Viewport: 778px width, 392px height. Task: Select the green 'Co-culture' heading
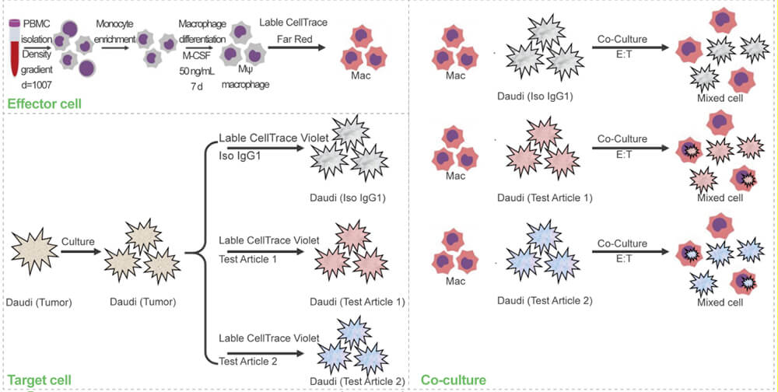[454, 380]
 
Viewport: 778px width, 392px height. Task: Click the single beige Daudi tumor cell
[32, 250]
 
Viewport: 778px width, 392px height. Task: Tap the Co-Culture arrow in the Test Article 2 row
[630, 252]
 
